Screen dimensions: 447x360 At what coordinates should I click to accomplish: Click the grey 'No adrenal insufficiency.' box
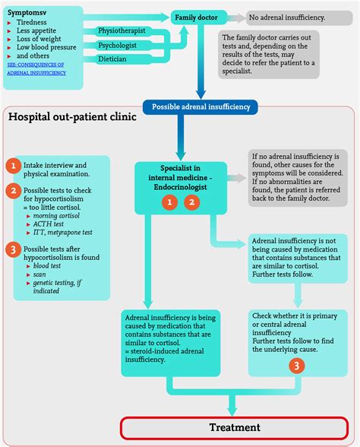tap(295, 17)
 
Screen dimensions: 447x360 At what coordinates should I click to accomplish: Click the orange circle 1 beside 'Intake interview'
tap(12, 166)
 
